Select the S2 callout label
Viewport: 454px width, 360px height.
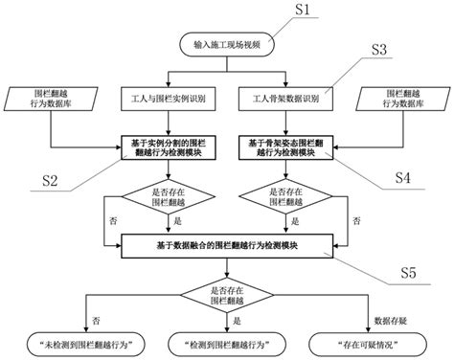pyautogui.click(x=53, y=180)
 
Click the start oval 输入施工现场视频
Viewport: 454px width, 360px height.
pyautogui.click(x=226, y=46)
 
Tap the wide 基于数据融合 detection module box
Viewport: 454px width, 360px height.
pyautogui.click(x=226, y=247)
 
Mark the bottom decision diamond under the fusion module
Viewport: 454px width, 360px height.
pyautogui.click(x=226, y=294)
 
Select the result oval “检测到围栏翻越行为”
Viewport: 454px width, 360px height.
pyautogui.click(x=226, y=342)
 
